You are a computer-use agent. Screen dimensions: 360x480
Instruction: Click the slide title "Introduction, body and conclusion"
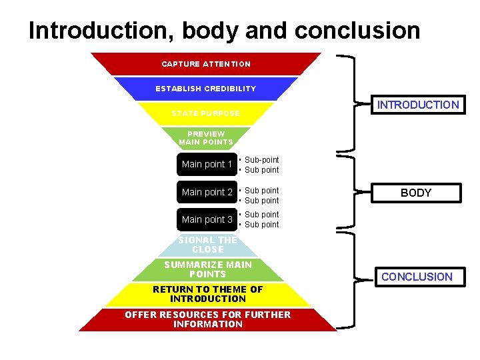(x=224, y=30)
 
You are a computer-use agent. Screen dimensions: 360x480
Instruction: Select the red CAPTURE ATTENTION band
(x=206, y=64)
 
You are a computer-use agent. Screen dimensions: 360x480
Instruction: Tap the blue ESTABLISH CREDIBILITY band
(x=205, y=89)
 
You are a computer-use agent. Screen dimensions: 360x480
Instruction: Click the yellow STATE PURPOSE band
(x=205, y=113)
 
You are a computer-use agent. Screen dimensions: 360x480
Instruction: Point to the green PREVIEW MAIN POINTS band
(x=206, y=138)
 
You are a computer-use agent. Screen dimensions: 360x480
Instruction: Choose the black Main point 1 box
(x=207, y=165)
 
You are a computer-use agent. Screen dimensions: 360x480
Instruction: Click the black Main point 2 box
(x=207, y=192)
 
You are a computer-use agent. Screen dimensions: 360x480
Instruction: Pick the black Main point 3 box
(x=207, y=219)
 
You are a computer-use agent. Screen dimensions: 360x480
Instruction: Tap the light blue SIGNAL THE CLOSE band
(x=207, y=245)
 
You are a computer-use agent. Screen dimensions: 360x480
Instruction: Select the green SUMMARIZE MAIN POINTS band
(x=207, y=269)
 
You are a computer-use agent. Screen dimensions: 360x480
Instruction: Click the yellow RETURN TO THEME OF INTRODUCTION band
(x=207, y=294)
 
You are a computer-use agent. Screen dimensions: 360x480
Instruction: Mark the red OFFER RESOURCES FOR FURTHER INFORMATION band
(x=207, y=319)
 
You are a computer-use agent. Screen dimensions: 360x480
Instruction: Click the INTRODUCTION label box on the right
(x=417, y=105)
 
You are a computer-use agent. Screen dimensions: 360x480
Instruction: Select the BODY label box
(x=416, y=193)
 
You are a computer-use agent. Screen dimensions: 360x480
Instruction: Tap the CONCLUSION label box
(x=417, y=277)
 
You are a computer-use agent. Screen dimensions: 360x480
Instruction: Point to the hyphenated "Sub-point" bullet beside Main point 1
(x=261, y=160)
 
